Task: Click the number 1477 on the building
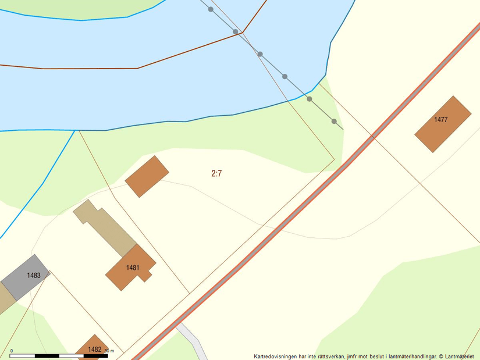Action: (x=440, y=120)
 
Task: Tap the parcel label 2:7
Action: (x=216, y=173)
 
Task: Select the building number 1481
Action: (x=133, y=268)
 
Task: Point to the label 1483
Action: (x=34, y=275)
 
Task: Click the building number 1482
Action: (x=95, y=350)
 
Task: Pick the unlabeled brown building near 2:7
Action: (x=147, y=176)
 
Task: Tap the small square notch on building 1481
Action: (x=148, y=277)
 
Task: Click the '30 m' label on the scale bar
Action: (x=109, y=351)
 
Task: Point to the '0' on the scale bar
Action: (x=12, y=351)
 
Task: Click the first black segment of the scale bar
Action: (x=26, y=355)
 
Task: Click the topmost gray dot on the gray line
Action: (x=211, y=9)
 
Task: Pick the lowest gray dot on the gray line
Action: (x=334, y=121)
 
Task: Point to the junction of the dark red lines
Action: (x=243, y=31)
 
